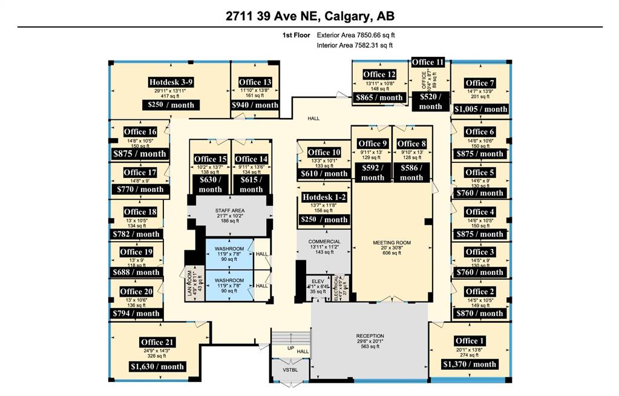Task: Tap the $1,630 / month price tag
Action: pos(157,366)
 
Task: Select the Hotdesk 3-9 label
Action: pos(171,82)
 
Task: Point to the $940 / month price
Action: pos(255,105)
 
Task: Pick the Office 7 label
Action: pos(480,83)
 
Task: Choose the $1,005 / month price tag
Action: pos(480,109)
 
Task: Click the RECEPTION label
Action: pos(370,336)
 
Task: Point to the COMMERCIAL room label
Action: pos(324,242)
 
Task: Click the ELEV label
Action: pos(318,282)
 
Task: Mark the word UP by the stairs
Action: pos(290,349)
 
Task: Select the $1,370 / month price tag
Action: pos(470,364)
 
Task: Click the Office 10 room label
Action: pos(324,153)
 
